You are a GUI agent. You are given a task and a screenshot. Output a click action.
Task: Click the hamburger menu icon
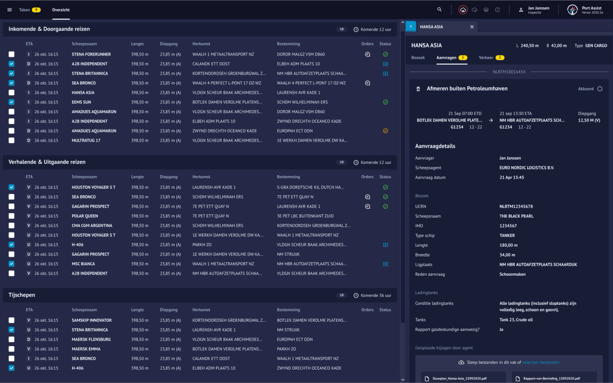[x=10, y=10]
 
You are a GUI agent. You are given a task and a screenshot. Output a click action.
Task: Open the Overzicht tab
[x=61, y=10]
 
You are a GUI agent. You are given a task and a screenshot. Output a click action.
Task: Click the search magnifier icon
[x=439, y=10]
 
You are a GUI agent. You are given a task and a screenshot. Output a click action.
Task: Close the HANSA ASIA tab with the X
[x=472, y=27]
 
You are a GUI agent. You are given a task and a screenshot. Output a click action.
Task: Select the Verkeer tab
[x=486, y=58]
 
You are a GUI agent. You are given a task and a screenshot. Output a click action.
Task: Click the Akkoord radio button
[x=600, y=89]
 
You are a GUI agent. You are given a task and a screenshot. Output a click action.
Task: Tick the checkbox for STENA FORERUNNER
[x=11, y=54]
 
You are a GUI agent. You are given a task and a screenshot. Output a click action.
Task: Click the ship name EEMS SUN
[x=81, y=102]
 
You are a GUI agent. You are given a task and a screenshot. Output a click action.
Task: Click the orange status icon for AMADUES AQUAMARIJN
[x=385, y=131]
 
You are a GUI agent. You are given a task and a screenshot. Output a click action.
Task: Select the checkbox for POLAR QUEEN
[x=11, y=216]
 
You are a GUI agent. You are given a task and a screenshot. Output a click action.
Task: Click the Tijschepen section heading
[x=22, y=295]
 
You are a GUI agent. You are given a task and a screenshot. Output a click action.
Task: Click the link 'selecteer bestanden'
[x=541, y=362]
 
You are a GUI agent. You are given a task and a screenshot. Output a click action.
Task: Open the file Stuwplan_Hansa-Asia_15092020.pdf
[x=459, y=378]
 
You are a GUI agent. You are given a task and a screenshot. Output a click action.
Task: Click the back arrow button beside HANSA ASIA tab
[x=411, y=27]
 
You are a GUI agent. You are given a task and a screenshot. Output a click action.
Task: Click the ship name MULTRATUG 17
[x=86, y=140]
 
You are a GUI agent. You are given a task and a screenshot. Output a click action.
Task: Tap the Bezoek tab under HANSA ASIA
[x=418, y=58]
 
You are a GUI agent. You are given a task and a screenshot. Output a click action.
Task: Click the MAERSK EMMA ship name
[x=86, y=349]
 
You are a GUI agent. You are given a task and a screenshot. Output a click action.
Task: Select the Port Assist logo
[x=572, y=10]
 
